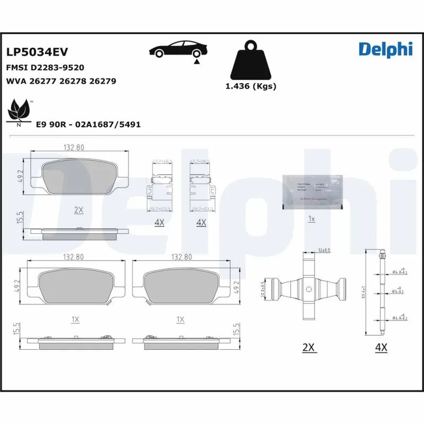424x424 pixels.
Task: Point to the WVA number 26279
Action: [102, 81]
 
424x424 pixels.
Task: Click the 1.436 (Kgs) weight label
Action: [251, 86]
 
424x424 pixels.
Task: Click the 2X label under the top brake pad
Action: [79, 210]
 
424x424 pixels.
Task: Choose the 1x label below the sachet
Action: [312, 219]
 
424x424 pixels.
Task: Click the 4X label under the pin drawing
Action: [381, 347]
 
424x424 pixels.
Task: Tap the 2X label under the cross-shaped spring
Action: [309, 347]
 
